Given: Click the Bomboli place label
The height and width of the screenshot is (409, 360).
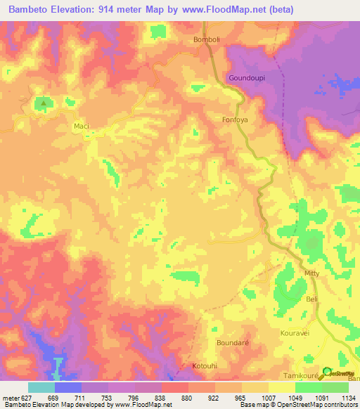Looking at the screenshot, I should pyautogui.click(x=207, y=40).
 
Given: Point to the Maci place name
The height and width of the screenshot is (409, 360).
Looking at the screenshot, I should pyautogui.click(x=82, y=126).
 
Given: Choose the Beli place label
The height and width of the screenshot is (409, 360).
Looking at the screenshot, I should pyautogui.click(x=312, y=300).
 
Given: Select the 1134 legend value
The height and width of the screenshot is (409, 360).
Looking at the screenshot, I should pyautogui.click(x=347, y=398).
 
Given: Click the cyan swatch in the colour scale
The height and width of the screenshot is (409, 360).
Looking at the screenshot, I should pyautogui.click(x=41, y=387).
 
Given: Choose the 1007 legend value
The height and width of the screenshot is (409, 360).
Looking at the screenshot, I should pyautogui.click(x=268, y=398).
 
